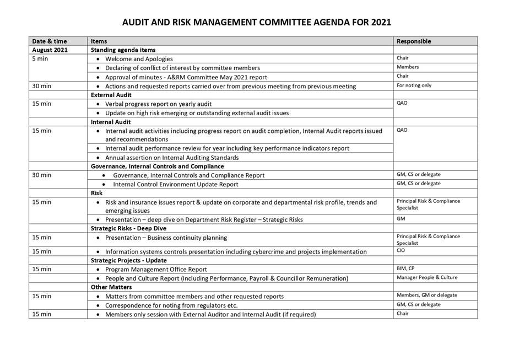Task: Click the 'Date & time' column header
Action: click(48, 41)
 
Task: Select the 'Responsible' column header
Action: click(414, 41)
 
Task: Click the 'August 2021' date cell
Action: click(50, 50)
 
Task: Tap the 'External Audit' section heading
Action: click(111, 95)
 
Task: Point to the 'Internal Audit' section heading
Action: click(110, 122)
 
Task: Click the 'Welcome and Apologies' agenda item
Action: click(139, 59)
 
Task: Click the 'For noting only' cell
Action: click(414, 85)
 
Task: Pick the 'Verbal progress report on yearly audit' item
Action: click(158, 104)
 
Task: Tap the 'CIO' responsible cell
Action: click(401, 250)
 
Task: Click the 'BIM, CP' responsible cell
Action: click(405, 268)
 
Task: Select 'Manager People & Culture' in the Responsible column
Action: click(427, 277)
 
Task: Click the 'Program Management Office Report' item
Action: click(156, 270)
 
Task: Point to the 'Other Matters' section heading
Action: click(111, 287)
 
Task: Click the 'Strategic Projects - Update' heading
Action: click(128, 260)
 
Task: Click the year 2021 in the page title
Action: click(378, 23)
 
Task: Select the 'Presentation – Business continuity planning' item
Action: click(166, 238)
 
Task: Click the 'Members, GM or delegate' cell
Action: click(426, 295)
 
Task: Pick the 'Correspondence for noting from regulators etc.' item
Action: click(171, 305)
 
